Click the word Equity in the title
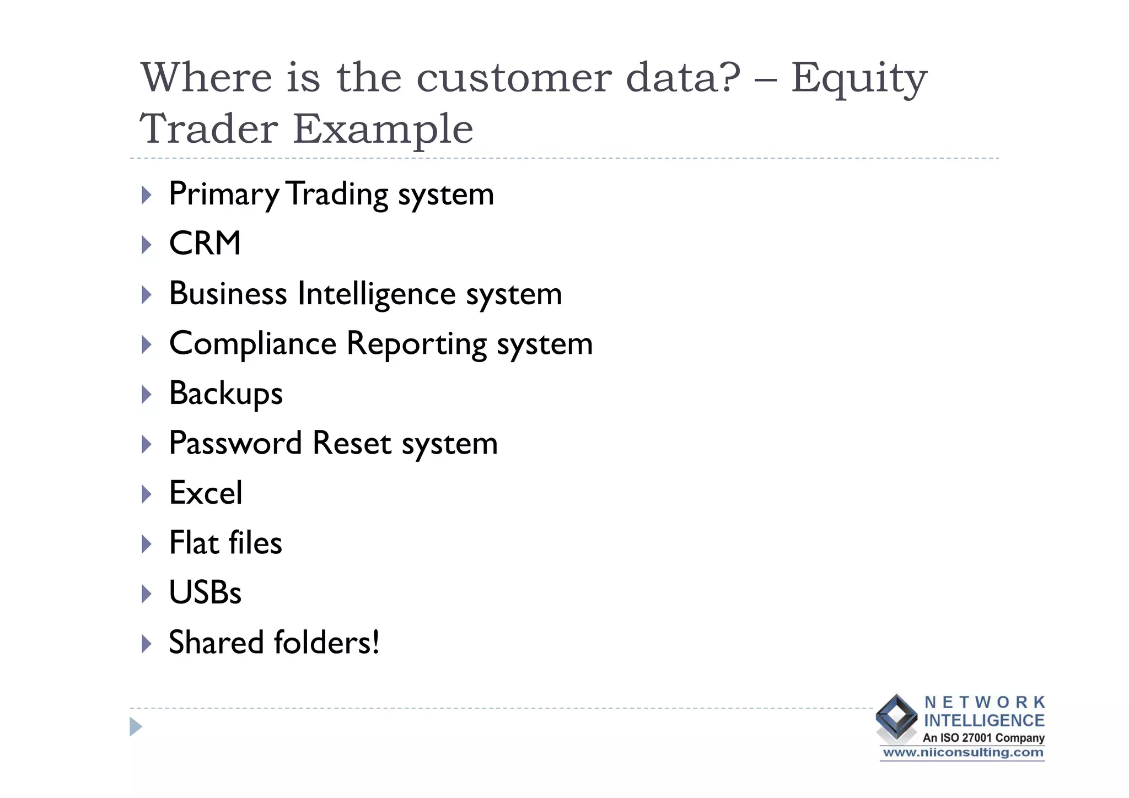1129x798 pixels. coord(859,79)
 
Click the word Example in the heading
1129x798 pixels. coord(383,129)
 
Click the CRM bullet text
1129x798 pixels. coord(205,243)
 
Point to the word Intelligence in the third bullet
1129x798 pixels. coord(377,293)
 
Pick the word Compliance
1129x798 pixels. coord(252,343)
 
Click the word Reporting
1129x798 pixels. coord(416,344)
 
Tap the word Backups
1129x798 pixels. coord(225,393)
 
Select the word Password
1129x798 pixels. coord(235,444)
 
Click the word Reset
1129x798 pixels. coord(351,443)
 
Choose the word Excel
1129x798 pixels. coord(205,493)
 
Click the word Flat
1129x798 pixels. coord(194,542)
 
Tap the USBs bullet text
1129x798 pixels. coord(205,592)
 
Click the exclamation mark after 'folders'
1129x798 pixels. coord(376,642)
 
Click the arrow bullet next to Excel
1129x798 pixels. coord(146,494)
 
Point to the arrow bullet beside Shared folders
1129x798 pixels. coord(146,643)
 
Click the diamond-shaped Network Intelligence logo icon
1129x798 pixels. coord(896,716)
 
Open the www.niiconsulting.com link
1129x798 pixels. coord(963,753)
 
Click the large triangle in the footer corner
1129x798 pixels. coord(136,727)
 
